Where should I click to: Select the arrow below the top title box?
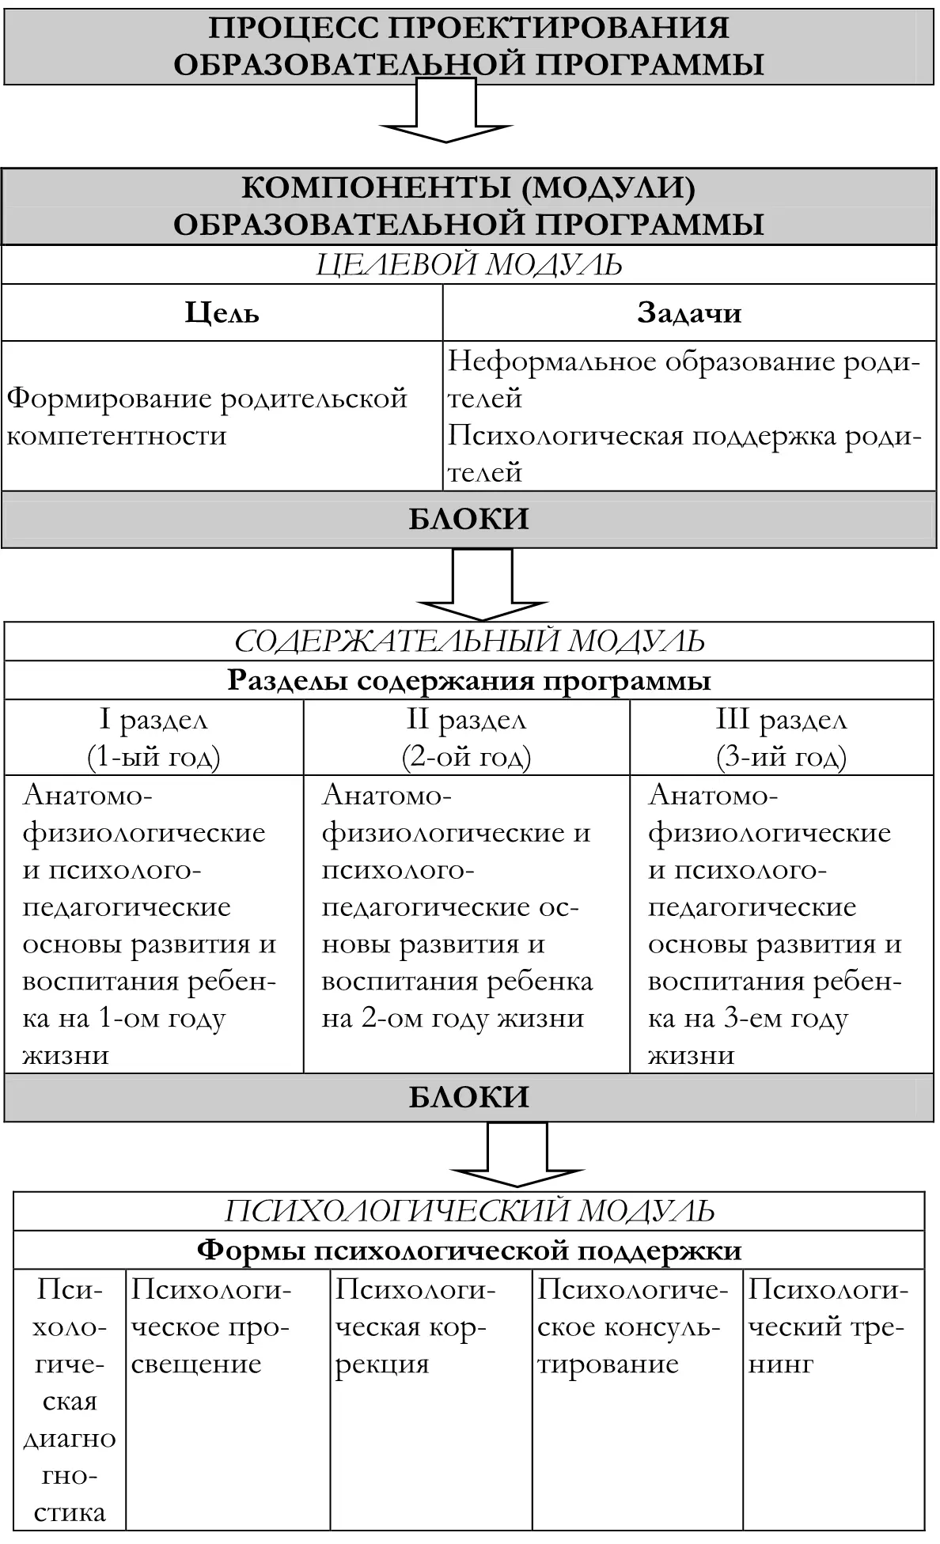(x=447, y=115)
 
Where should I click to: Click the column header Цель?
(x=222, y=313)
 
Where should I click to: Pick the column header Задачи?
(x=689, y=313)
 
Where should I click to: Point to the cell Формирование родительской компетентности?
(x=207, y=417)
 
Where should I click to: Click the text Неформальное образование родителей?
(x=684, y=380)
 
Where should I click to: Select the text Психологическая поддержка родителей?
(x=684, y=454)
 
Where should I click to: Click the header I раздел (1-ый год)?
(x=154, y=738)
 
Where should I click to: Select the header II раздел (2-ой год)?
(x=466, y=738)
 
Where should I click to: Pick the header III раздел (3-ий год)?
(x=781, y=738)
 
